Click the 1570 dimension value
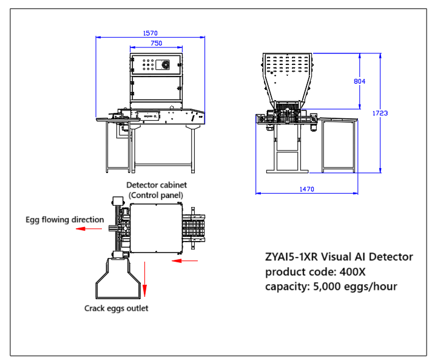tap(150, 34)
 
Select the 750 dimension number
tap(156, 43)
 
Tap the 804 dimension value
tap(359, 81)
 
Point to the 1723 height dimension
tap(380, 113)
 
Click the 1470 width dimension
tap(306, 189)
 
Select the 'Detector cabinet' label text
tap(156, 184)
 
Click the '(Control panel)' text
tap(156, 194)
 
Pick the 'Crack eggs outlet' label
tap(116, 308)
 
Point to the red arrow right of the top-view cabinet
tap(185, 261)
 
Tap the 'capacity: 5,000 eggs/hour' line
tap(331, 286)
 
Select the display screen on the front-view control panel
tap(164, 64)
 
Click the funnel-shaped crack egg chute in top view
tap(119, 279)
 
